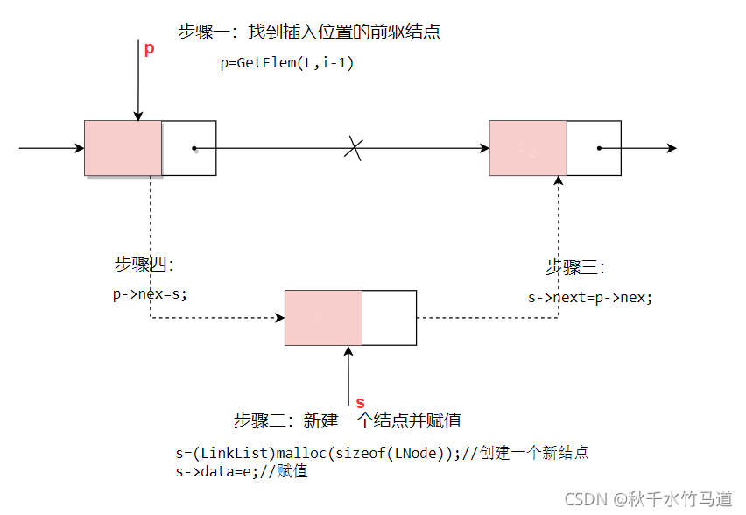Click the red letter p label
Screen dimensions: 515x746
tap(149, 49)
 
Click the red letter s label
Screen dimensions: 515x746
tap(359, 402)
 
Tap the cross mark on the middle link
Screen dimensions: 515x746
tap(353, 148)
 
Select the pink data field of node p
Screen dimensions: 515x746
tap(123, 148)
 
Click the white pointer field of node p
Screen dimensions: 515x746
tap(189, 148)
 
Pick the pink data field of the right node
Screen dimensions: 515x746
tap(528, 148)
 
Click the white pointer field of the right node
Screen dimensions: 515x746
tap(594, 148)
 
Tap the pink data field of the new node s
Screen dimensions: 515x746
tap(323, 318)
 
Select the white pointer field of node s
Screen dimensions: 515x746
tap(389, 318)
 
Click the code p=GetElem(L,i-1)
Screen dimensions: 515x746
tap(287, 63)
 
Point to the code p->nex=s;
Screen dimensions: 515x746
tap(150, 294)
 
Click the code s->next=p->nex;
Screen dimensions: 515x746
tap(590, 297)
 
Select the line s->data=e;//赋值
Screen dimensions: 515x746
tap(242, 471)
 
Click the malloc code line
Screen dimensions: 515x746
tap(382, 453)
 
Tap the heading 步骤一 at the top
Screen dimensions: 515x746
tap(308, 32)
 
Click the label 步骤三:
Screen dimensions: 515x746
tap(575, 267)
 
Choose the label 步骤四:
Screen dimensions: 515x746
tap(144, 265)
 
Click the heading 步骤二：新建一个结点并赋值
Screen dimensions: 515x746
tap(347, 420)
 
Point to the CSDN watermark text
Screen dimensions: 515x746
tap(648, 499)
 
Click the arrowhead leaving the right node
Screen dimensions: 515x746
tap(671, 148)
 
